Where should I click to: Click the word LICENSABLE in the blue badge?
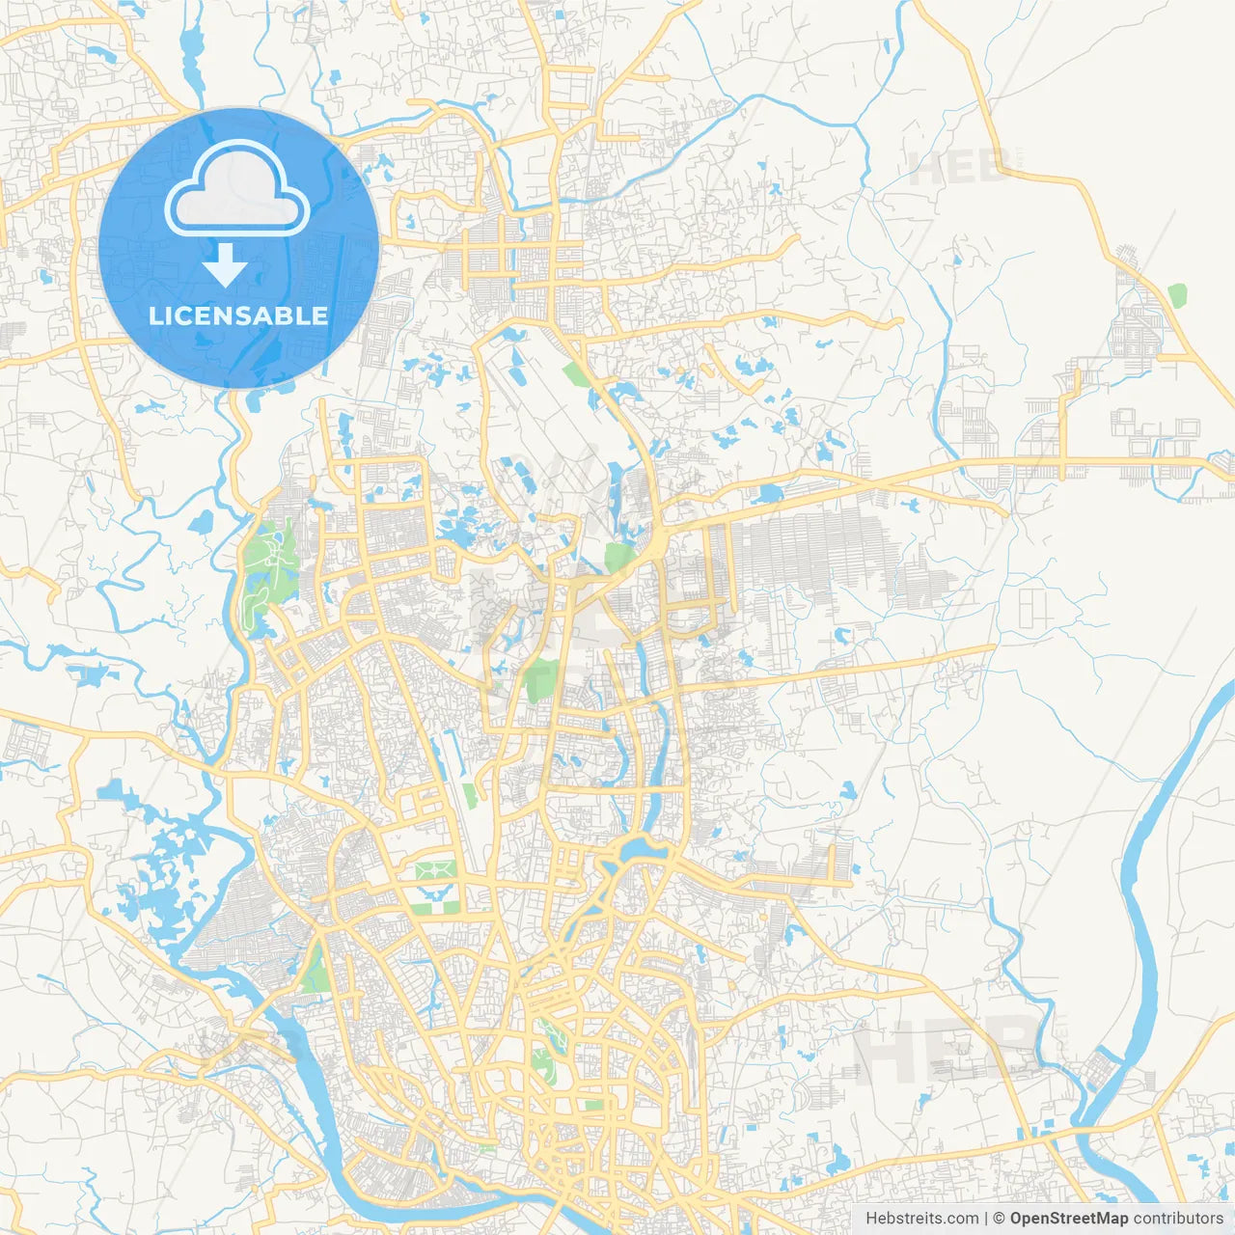pos(238,316)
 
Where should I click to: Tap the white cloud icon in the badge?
pos(237,190)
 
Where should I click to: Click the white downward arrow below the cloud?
pos(226,264)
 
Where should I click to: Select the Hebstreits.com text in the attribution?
pos(921,1219)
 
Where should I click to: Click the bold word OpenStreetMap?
pos(1068,1219)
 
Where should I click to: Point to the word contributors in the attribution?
pos(1178,1219)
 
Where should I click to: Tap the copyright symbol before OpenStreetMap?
pos(999,1219)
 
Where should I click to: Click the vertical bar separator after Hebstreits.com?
pos(985,1219)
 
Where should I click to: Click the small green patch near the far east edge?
pos(1176,293)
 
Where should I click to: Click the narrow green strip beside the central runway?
pos(469,796)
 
